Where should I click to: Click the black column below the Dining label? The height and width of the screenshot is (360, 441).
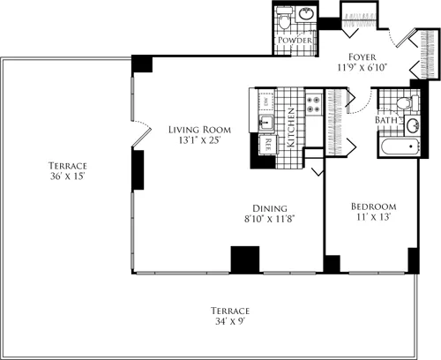(x=244, y=259)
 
